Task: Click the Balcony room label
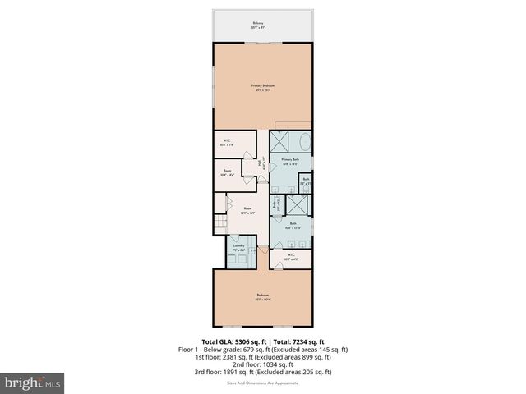tap(263, 25)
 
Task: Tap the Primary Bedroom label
tap(263, 87)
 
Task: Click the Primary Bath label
tap(290, 162)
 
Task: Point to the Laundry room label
tap(239, 247)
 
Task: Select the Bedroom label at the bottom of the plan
tap(263, 297)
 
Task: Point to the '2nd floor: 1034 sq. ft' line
tap(263, 364)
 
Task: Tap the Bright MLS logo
tap(33, 382)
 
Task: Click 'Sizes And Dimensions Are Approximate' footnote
tap(263, 382)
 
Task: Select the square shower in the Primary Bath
tap(280, 139)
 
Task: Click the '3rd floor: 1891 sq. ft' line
tap(263, 371)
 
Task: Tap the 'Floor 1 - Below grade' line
tap(263, 349)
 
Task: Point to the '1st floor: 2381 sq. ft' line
tap(263, 356)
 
